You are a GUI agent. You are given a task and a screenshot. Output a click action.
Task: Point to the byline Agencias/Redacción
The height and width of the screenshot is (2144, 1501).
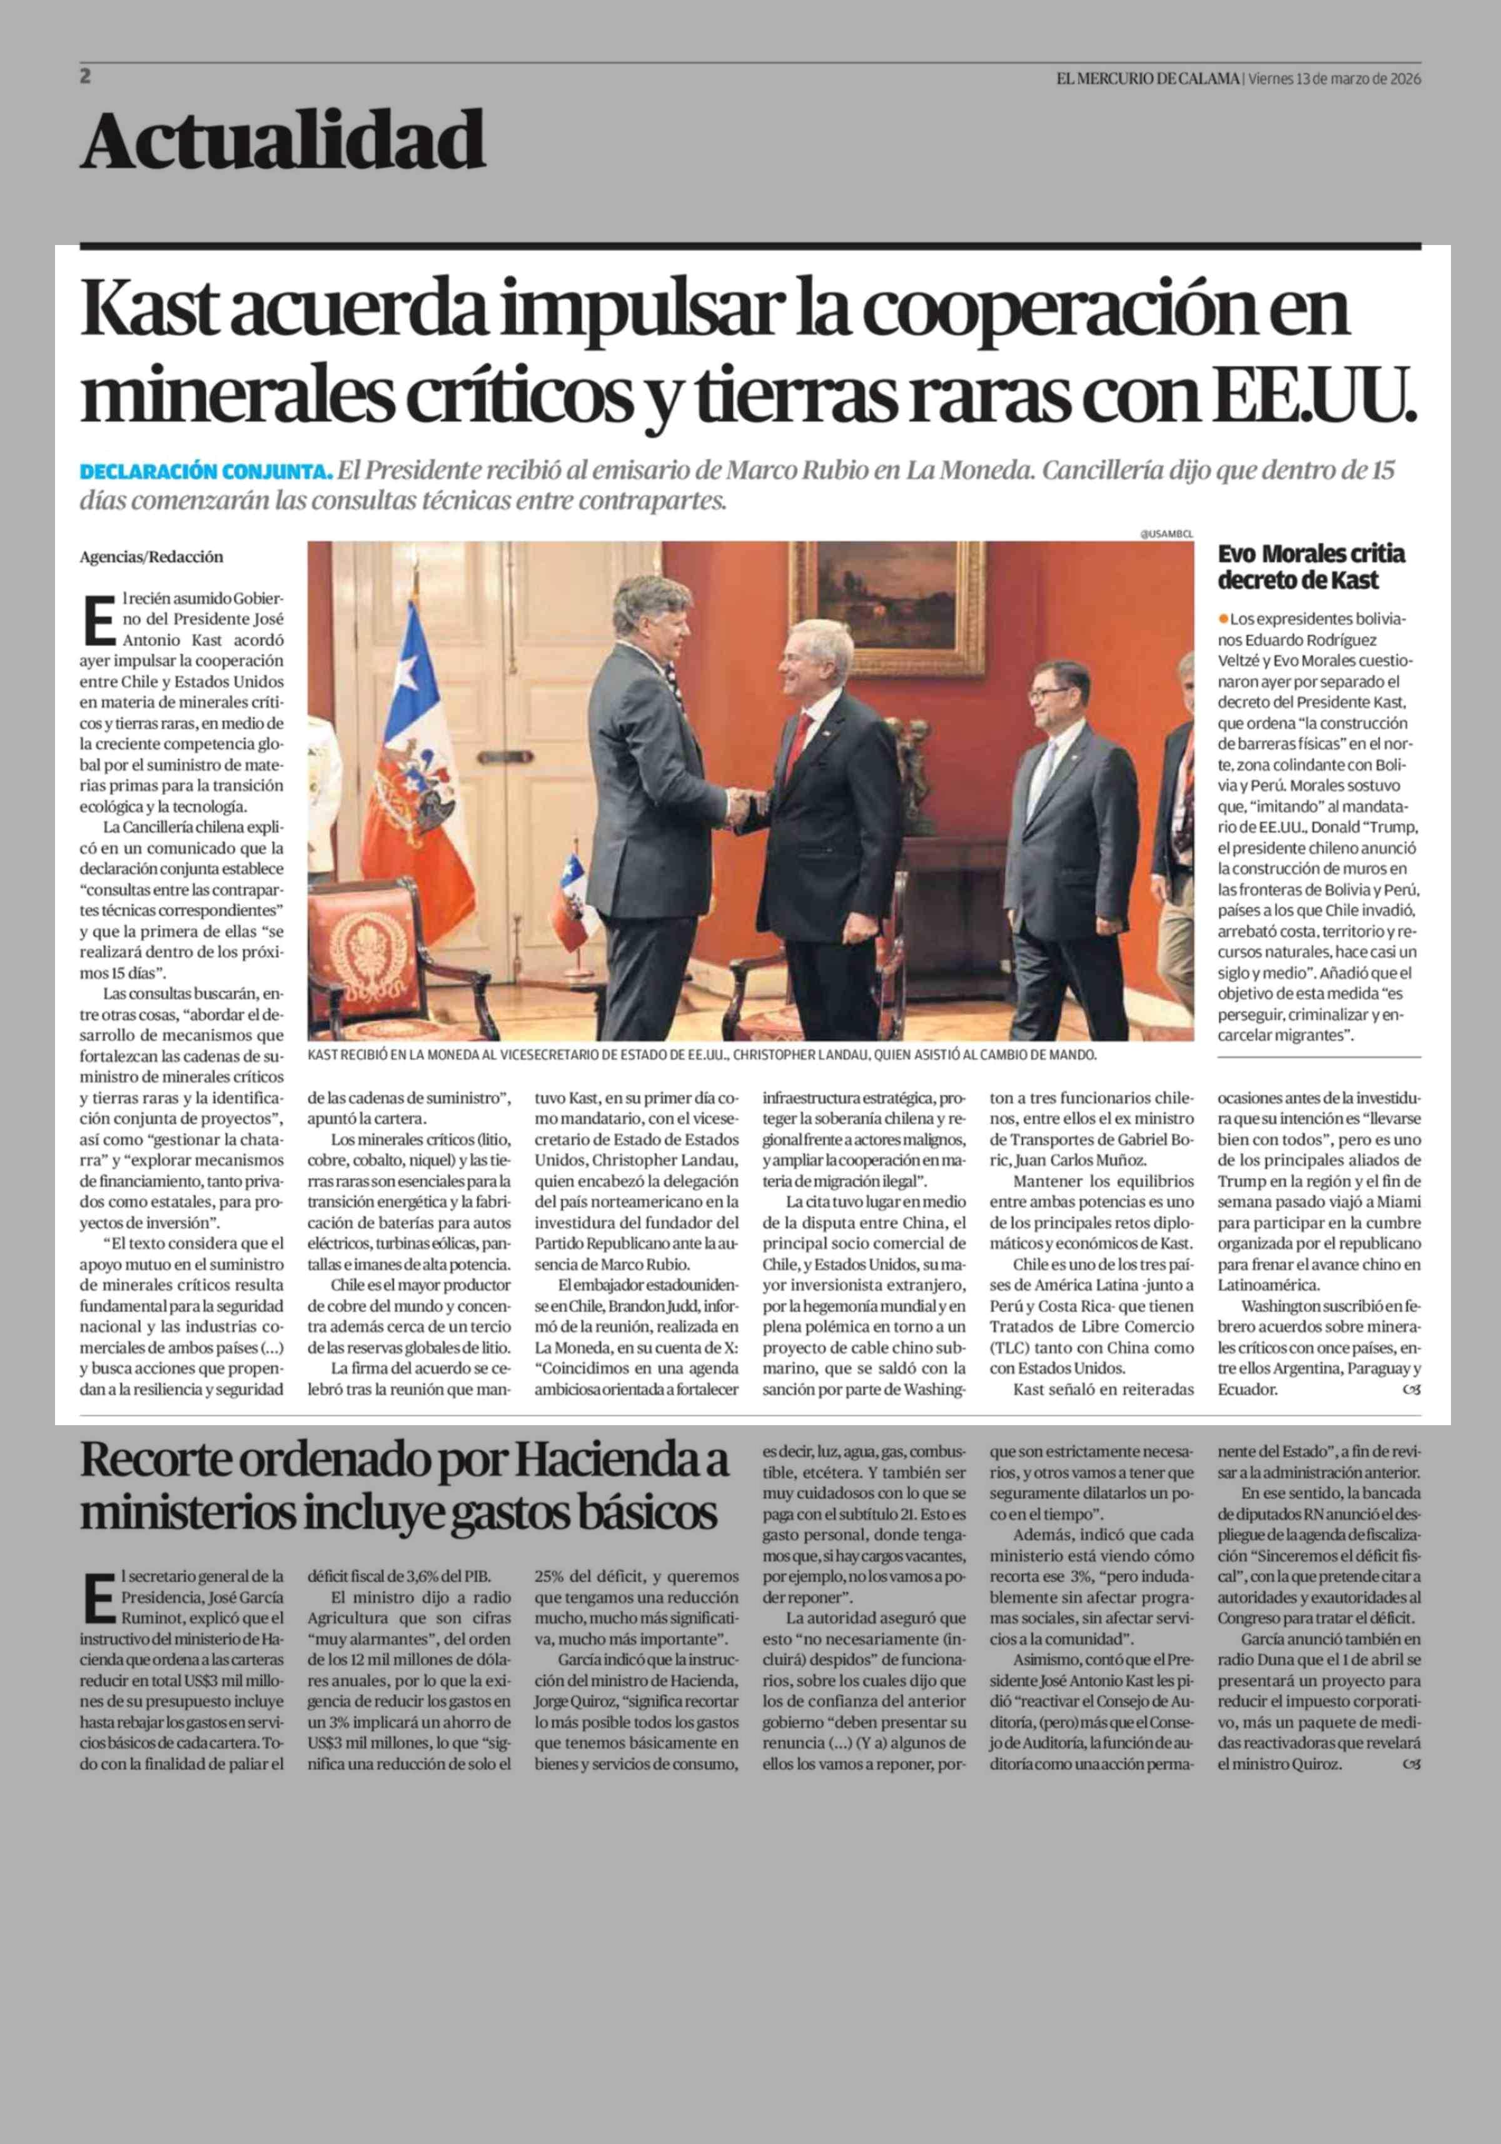[151, 556]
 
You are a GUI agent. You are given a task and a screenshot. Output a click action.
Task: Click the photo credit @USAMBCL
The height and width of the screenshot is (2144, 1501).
[1166, 534]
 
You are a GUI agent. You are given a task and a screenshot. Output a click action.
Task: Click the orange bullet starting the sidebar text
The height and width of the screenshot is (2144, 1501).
[1223, 619]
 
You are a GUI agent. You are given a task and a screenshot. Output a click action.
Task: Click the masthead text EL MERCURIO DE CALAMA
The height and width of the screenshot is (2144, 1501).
[1147, 79]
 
